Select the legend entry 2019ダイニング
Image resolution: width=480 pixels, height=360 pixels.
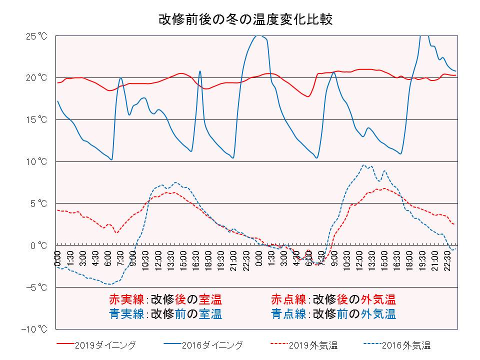tap(104, 345)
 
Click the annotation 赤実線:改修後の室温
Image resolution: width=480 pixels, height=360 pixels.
tap(165, 300)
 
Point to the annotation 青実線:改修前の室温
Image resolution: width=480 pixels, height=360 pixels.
tap(165, 314)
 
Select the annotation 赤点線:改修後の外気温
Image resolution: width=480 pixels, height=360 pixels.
tap(333, 300)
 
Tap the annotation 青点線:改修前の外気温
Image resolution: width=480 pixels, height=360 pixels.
tap(333, 314)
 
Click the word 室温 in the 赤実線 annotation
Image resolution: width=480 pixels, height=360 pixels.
tap(210, 300)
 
